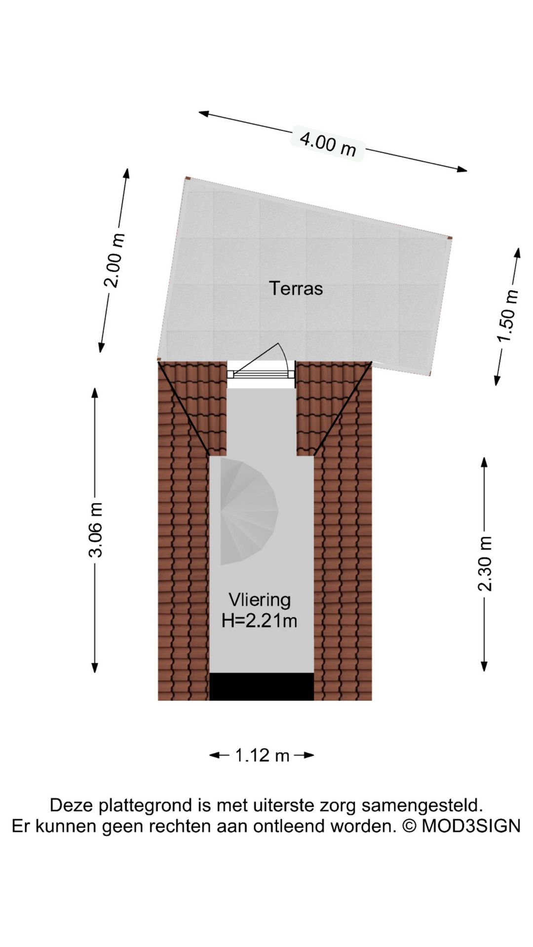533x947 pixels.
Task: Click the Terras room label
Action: click(296, 288)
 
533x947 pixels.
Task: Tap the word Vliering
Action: click(260, 600)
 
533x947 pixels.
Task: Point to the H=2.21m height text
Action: click(259, 620)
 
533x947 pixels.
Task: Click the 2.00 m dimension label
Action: click(114, 260)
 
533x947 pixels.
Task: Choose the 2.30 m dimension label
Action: click(485, 563)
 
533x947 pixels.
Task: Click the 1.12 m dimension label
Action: click(262, 755)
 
